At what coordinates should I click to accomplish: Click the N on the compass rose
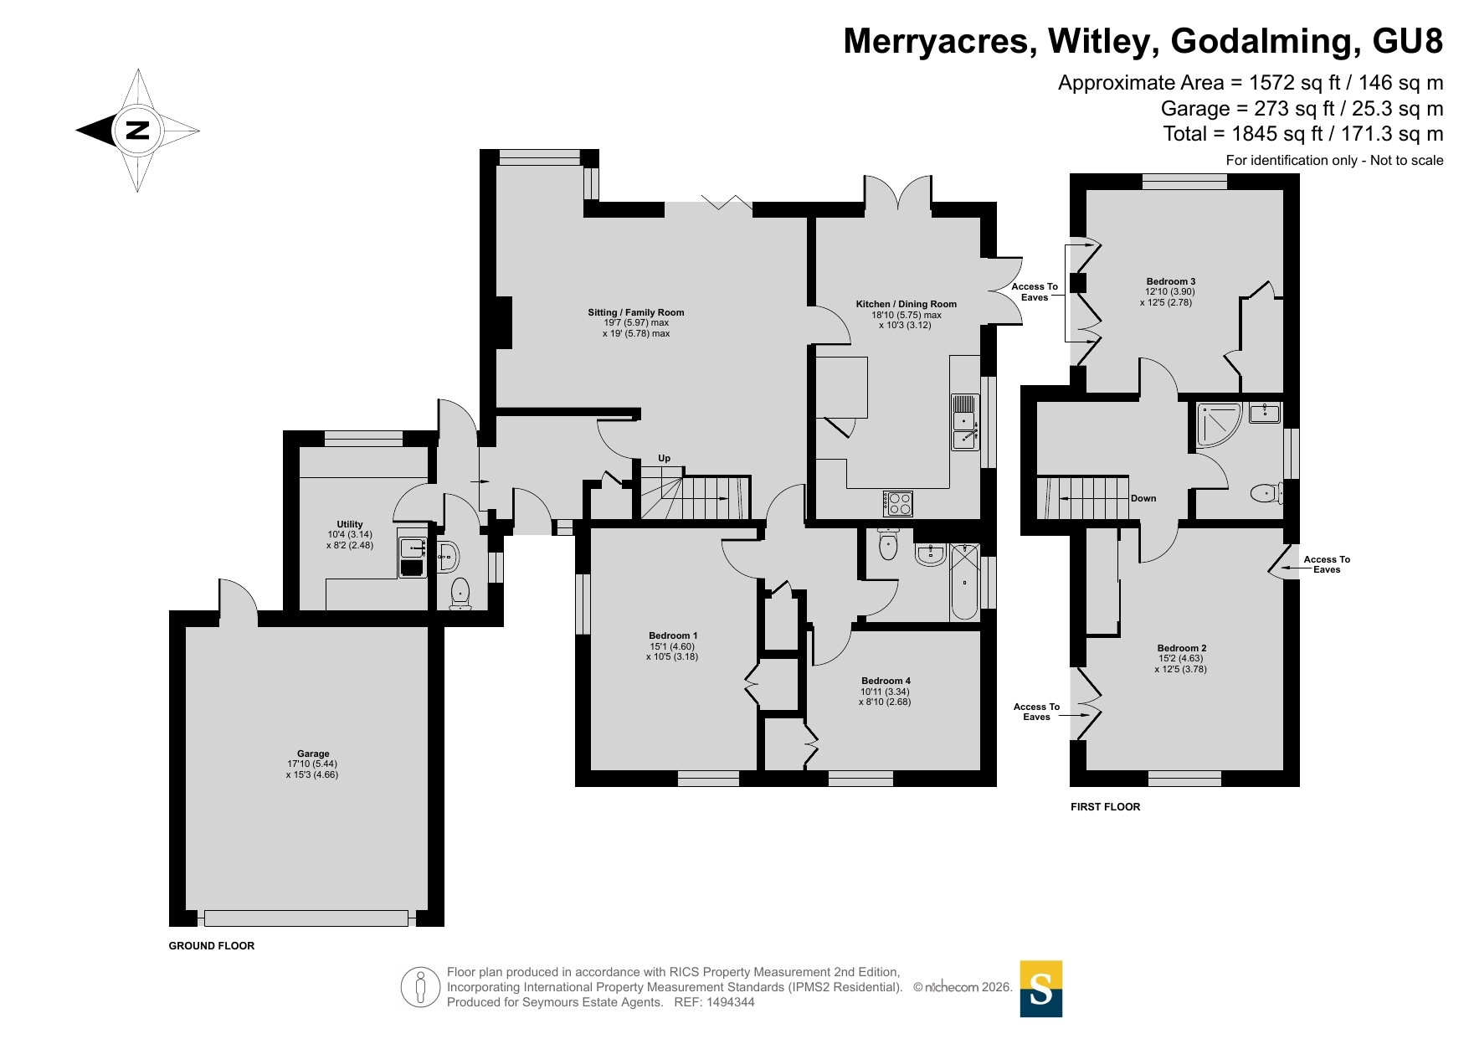pyautogui.click(x=137, y=130)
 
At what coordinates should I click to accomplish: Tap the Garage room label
pyautogui.click(x=313, y=754)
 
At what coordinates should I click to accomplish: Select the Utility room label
pyautogui.click(x=350, y=524)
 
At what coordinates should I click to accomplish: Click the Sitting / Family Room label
pyautogui.click(x=636, y=312)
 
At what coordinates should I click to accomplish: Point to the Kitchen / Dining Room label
pyautogui.click(x=906, y=304)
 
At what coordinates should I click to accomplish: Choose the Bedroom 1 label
pyautogui.click(x=673, y=635)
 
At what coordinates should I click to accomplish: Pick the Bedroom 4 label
pyautogui.click(x=886, y=681)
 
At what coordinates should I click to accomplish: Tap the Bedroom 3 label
pyautogui.click(x=1171, y=281)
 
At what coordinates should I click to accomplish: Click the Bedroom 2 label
pyautogui.click(x=1182, y=648)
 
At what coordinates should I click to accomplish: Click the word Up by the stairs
pyautogui.click(x=665, y=458)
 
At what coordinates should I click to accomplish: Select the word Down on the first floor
pyautogui.click(x=1143, y=498)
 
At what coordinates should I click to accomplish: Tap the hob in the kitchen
pyautogui.click(x=898, y=503)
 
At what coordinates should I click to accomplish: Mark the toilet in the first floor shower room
pyautogui.click(x=1266, y=493)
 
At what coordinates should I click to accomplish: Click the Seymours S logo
pyautogui.click(x=1041, y=989)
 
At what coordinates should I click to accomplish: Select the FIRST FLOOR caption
pyautogui.click(x=1106, y=807)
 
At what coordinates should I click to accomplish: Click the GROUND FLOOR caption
pyautogui.click(x=212, y=946)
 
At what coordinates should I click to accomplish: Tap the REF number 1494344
pyautogui.click(x=731, y=1002)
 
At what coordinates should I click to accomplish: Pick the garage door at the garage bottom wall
pyautogui.click(x=306, y=918)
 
